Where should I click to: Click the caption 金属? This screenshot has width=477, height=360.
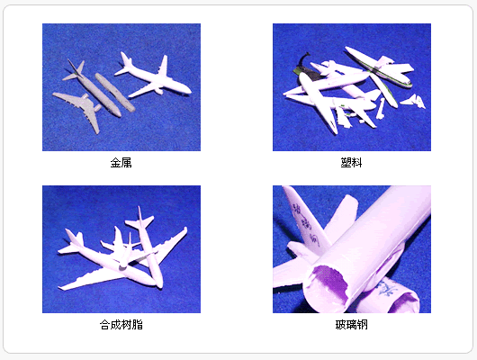pyautogui.click(x=121, y=163)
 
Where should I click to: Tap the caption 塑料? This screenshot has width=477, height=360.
pyautogui.click(x=351, y=163)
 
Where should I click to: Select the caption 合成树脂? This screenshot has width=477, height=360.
pyautogui.click(x=121, y=325)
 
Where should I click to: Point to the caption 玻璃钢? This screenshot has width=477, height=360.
pyautogui.click(x=351, y=325)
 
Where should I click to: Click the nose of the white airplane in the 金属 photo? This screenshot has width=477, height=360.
pyautogui.click(x=189, y=90)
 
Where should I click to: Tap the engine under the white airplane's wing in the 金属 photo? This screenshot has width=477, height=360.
pyautogui.click(x=158, y=91)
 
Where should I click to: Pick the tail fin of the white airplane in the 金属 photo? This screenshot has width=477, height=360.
pyautogui.click(x=125, y=58)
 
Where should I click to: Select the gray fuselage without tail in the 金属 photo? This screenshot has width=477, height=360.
pyautogui.click(x=115, y=93)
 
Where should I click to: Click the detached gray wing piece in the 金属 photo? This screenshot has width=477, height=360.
pyautogui.click(x=79, y=110)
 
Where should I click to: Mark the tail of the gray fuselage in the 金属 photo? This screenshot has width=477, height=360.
pyautogui.click(x=75, y=70)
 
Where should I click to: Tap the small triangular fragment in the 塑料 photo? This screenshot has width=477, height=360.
pyautogui.click(x=414, y=102)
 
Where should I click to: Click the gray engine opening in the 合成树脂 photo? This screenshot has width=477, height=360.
pyautogui.click(x=123, y=268)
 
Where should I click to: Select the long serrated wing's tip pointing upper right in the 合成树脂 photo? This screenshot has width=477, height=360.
pyautogui.click(x=185, y=229)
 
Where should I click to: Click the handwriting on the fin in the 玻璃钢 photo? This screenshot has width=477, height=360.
pyautogui.click(x=305, y=224)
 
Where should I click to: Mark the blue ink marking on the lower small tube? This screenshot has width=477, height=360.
pyautogui.click(x=387, y=289)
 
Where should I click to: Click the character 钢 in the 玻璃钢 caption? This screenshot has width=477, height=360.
pyautogui.click(x=363, y=325)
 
